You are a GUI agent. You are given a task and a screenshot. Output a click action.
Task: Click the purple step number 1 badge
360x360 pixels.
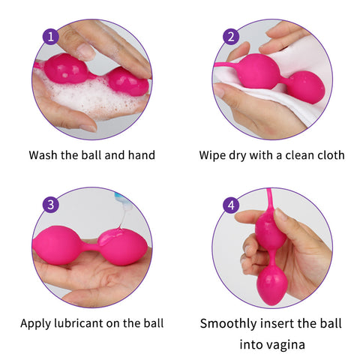tap(51, 37)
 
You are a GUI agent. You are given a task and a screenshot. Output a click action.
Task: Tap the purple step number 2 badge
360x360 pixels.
tap(231, 37)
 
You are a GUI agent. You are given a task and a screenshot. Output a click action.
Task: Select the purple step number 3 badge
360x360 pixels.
tap(51, 205)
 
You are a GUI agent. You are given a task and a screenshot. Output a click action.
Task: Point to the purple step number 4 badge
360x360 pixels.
tap(231, 205)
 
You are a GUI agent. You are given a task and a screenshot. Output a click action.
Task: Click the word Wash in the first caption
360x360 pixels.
tap(43, 155)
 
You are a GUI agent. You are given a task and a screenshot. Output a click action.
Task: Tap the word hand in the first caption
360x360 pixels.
tap(142, 155)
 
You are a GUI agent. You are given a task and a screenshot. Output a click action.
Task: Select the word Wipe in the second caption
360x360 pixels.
tap(212, 155)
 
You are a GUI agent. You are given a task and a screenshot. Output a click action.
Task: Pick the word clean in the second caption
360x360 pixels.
tap(298, 155)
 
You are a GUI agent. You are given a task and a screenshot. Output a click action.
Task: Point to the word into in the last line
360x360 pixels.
tap(249, 344)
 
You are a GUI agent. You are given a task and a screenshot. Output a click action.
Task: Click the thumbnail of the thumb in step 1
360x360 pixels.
tap(85, 52)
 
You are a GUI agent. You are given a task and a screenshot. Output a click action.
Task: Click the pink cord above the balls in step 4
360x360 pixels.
tap(270, 202)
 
